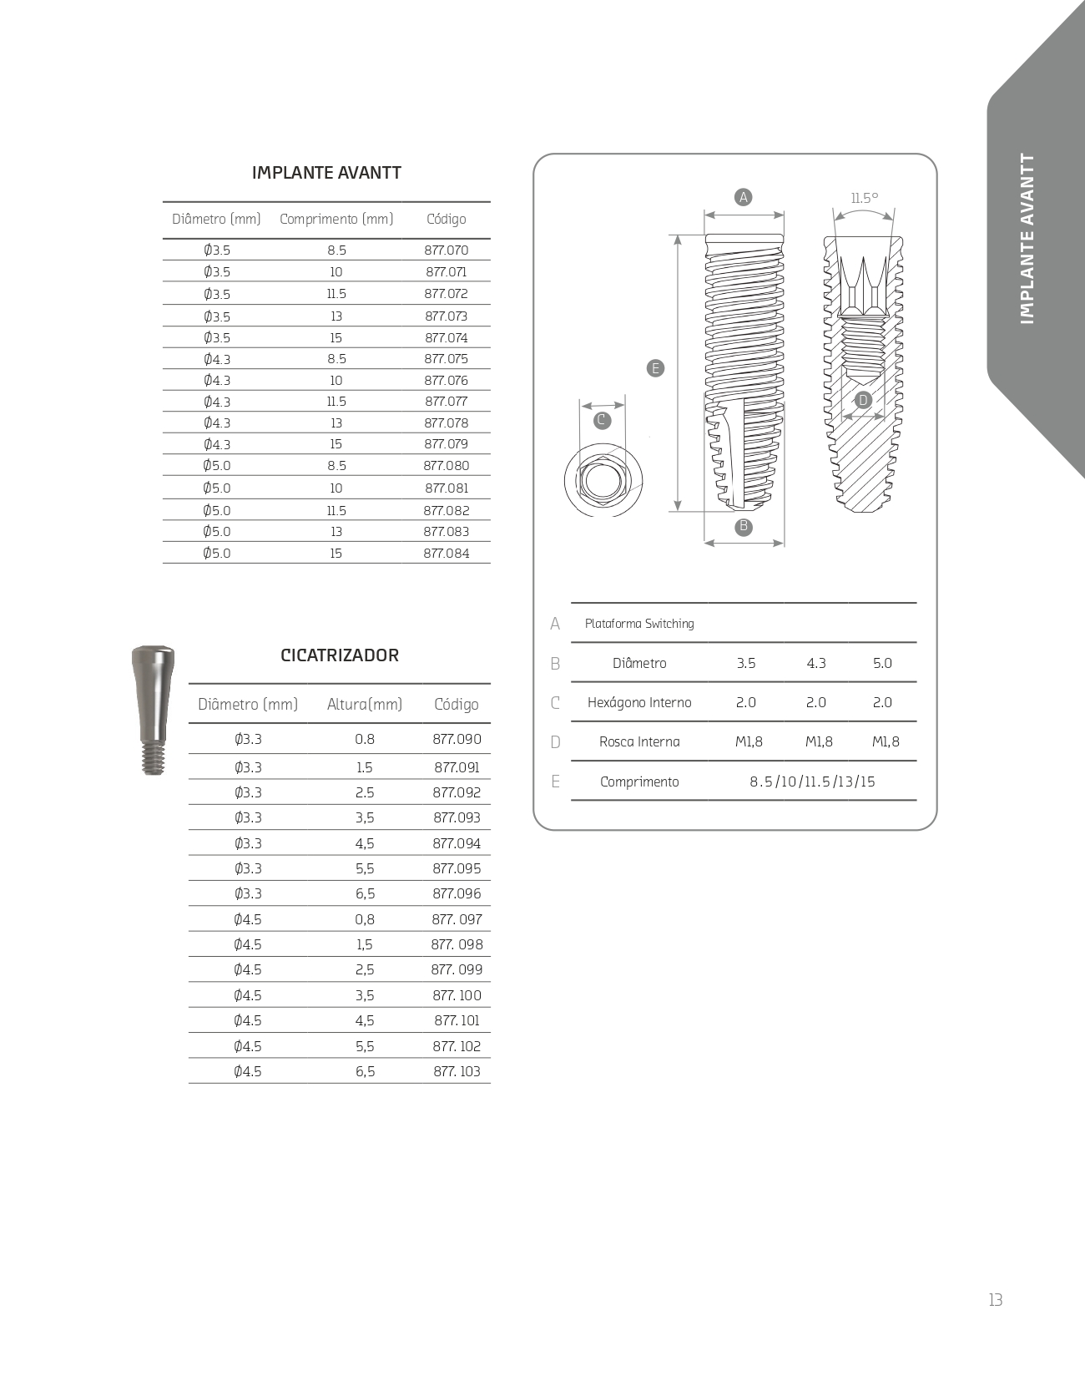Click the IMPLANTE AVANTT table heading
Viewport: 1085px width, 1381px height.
(326, 173)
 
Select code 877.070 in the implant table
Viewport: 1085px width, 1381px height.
(447, 250)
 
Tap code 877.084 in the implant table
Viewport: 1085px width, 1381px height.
(447, 553)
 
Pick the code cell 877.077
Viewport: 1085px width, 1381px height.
(447, 401)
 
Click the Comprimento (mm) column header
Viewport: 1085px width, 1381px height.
(336, 219)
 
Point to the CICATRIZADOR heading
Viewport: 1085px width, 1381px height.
(340, 655)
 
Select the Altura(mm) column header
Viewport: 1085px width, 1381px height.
(365, 705)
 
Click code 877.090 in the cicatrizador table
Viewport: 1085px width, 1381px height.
(457, 739)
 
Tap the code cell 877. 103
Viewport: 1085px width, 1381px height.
(457, 1071)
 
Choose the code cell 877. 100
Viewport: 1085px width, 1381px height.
(457, 995)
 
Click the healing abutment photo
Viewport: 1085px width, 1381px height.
(151, 710)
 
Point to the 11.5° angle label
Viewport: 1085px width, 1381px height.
(865, 198)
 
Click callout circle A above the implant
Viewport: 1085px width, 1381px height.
(743, 197)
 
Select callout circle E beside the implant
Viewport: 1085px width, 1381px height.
(656, 367)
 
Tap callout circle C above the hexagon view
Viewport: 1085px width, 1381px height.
(602, 420)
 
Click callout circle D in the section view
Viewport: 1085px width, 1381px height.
(864, 400)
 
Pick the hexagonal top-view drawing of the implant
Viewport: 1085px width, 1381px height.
(603, 481)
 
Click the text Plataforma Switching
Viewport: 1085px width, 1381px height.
(639, 624)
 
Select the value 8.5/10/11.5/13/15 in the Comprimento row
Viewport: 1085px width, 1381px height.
(812, 782)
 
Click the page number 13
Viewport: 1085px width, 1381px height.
(995, 1300)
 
